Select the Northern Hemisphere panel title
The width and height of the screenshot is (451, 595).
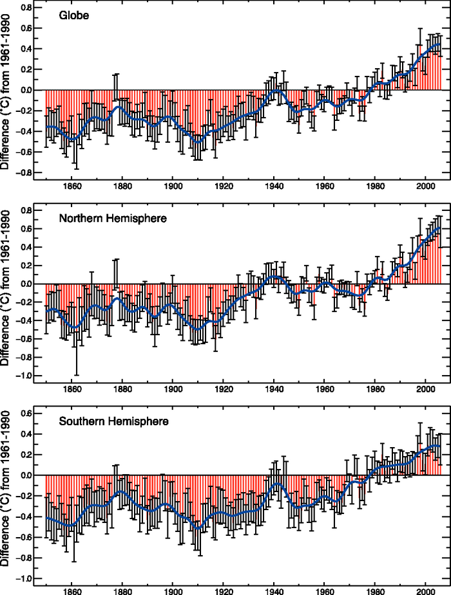[x=113, y=219]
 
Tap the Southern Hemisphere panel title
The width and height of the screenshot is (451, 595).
[x=113, y=422]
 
